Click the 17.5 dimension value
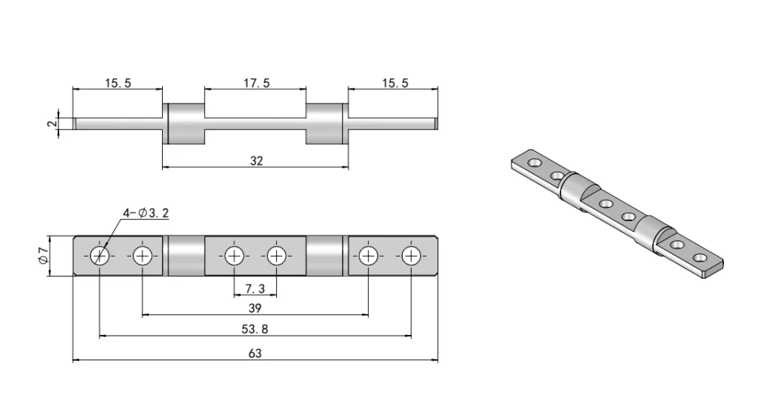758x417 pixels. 256,83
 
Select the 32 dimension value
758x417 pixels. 256,160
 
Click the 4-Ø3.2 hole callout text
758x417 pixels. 148,214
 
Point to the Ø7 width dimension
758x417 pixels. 43,256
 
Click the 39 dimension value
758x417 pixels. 255,308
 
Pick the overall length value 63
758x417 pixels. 255,353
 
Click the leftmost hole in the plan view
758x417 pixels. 100,256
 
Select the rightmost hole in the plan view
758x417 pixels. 411,256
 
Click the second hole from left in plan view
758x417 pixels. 142,256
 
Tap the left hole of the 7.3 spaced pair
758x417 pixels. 234,256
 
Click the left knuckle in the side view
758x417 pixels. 184,123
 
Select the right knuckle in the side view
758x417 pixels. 326,123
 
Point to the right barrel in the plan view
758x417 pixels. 326,256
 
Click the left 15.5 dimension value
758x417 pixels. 118,83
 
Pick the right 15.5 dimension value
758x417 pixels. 395,83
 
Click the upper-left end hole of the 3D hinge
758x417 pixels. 534,162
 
